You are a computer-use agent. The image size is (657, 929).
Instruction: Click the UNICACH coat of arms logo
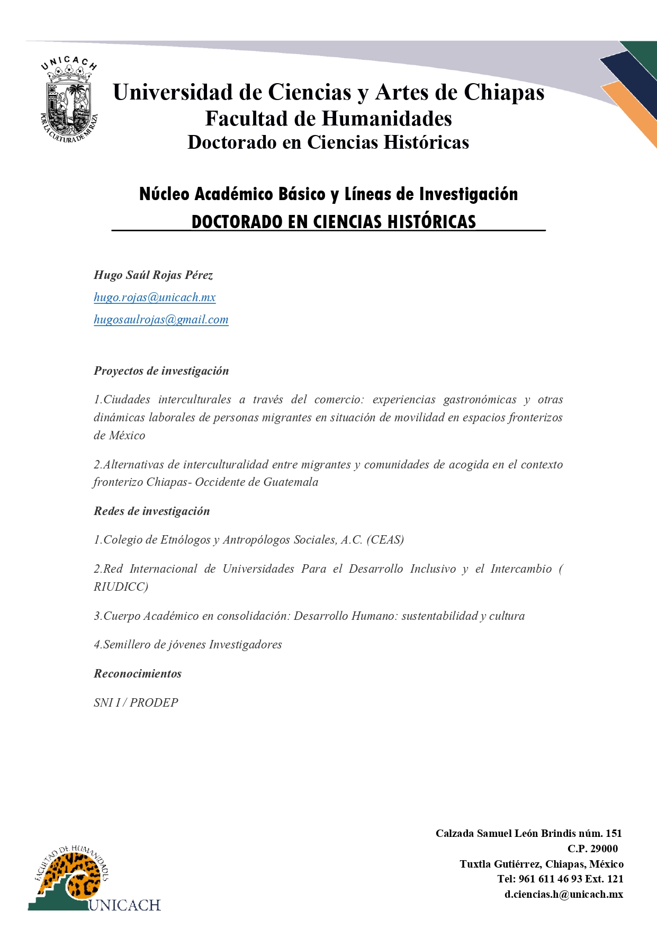point(69,101)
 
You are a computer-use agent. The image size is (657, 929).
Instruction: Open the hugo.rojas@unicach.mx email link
point(155,297)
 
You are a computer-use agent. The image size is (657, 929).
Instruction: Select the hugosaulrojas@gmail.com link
point(161,320)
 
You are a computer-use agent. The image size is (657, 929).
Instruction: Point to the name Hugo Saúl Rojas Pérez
point(153,275)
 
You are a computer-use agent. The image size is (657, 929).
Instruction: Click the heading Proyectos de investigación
point(161,371)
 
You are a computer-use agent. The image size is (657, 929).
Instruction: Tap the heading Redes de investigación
point(151,511)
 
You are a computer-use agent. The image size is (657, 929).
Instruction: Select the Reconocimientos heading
point(138,674)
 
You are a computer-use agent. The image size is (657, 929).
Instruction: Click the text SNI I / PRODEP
point(136,703)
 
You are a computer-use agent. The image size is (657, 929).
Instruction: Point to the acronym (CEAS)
point(385,540)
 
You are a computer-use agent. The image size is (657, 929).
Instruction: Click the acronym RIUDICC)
point(121,587)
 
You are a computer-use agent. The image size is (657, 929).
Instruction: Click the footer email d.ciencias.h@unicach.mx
point(563,895)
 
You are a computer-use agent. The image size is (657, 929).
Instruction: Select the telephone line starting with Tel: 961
point(560,879)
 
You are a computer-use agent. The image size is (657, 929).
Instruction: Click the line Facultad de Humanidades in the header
point(328,119)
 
